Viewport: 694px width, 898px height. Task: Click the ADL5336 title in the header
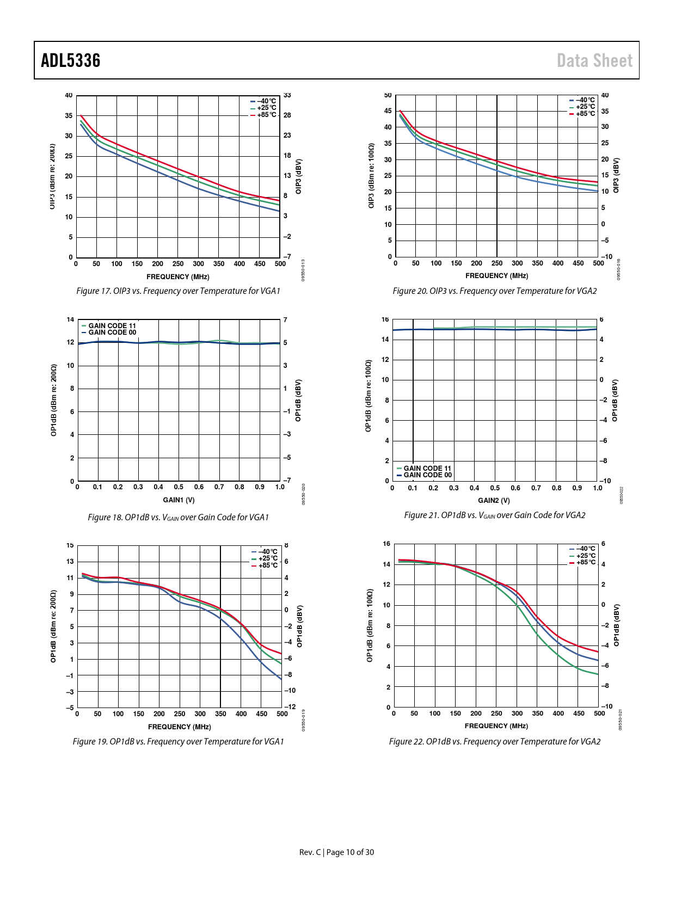(71, 60)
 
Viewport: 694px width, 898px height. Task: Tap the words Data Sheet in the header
(594, 60)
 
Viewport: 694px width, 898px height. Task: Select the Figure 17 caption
(179, 291)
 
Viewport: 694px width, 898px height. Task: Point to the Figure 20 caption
(494, 291)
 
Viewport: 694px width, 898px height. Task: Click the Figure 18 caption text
(179, 518)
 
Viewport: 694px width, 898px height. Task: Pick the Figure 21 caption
(494, 515)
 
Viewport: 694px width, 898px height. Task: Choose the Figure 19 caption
(179, 742)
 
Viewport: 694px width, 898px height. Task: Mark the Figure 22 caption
(494, 742)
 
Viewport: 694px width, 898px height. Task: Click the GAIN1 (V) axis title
(179, 500)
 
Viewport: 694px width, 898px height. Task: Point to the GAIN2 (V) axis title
(494, 501)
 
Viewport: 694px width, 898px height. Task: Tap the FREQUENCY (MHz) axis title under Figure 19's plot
(179, 727)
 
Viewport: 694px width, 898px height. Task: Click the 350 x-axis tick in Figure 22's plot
(537, 714)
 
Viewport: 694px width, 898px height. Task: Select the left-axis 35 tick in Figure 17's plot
(69, 116)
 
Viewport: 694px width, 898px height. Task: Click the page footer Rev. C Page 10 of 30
(336, 852)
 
